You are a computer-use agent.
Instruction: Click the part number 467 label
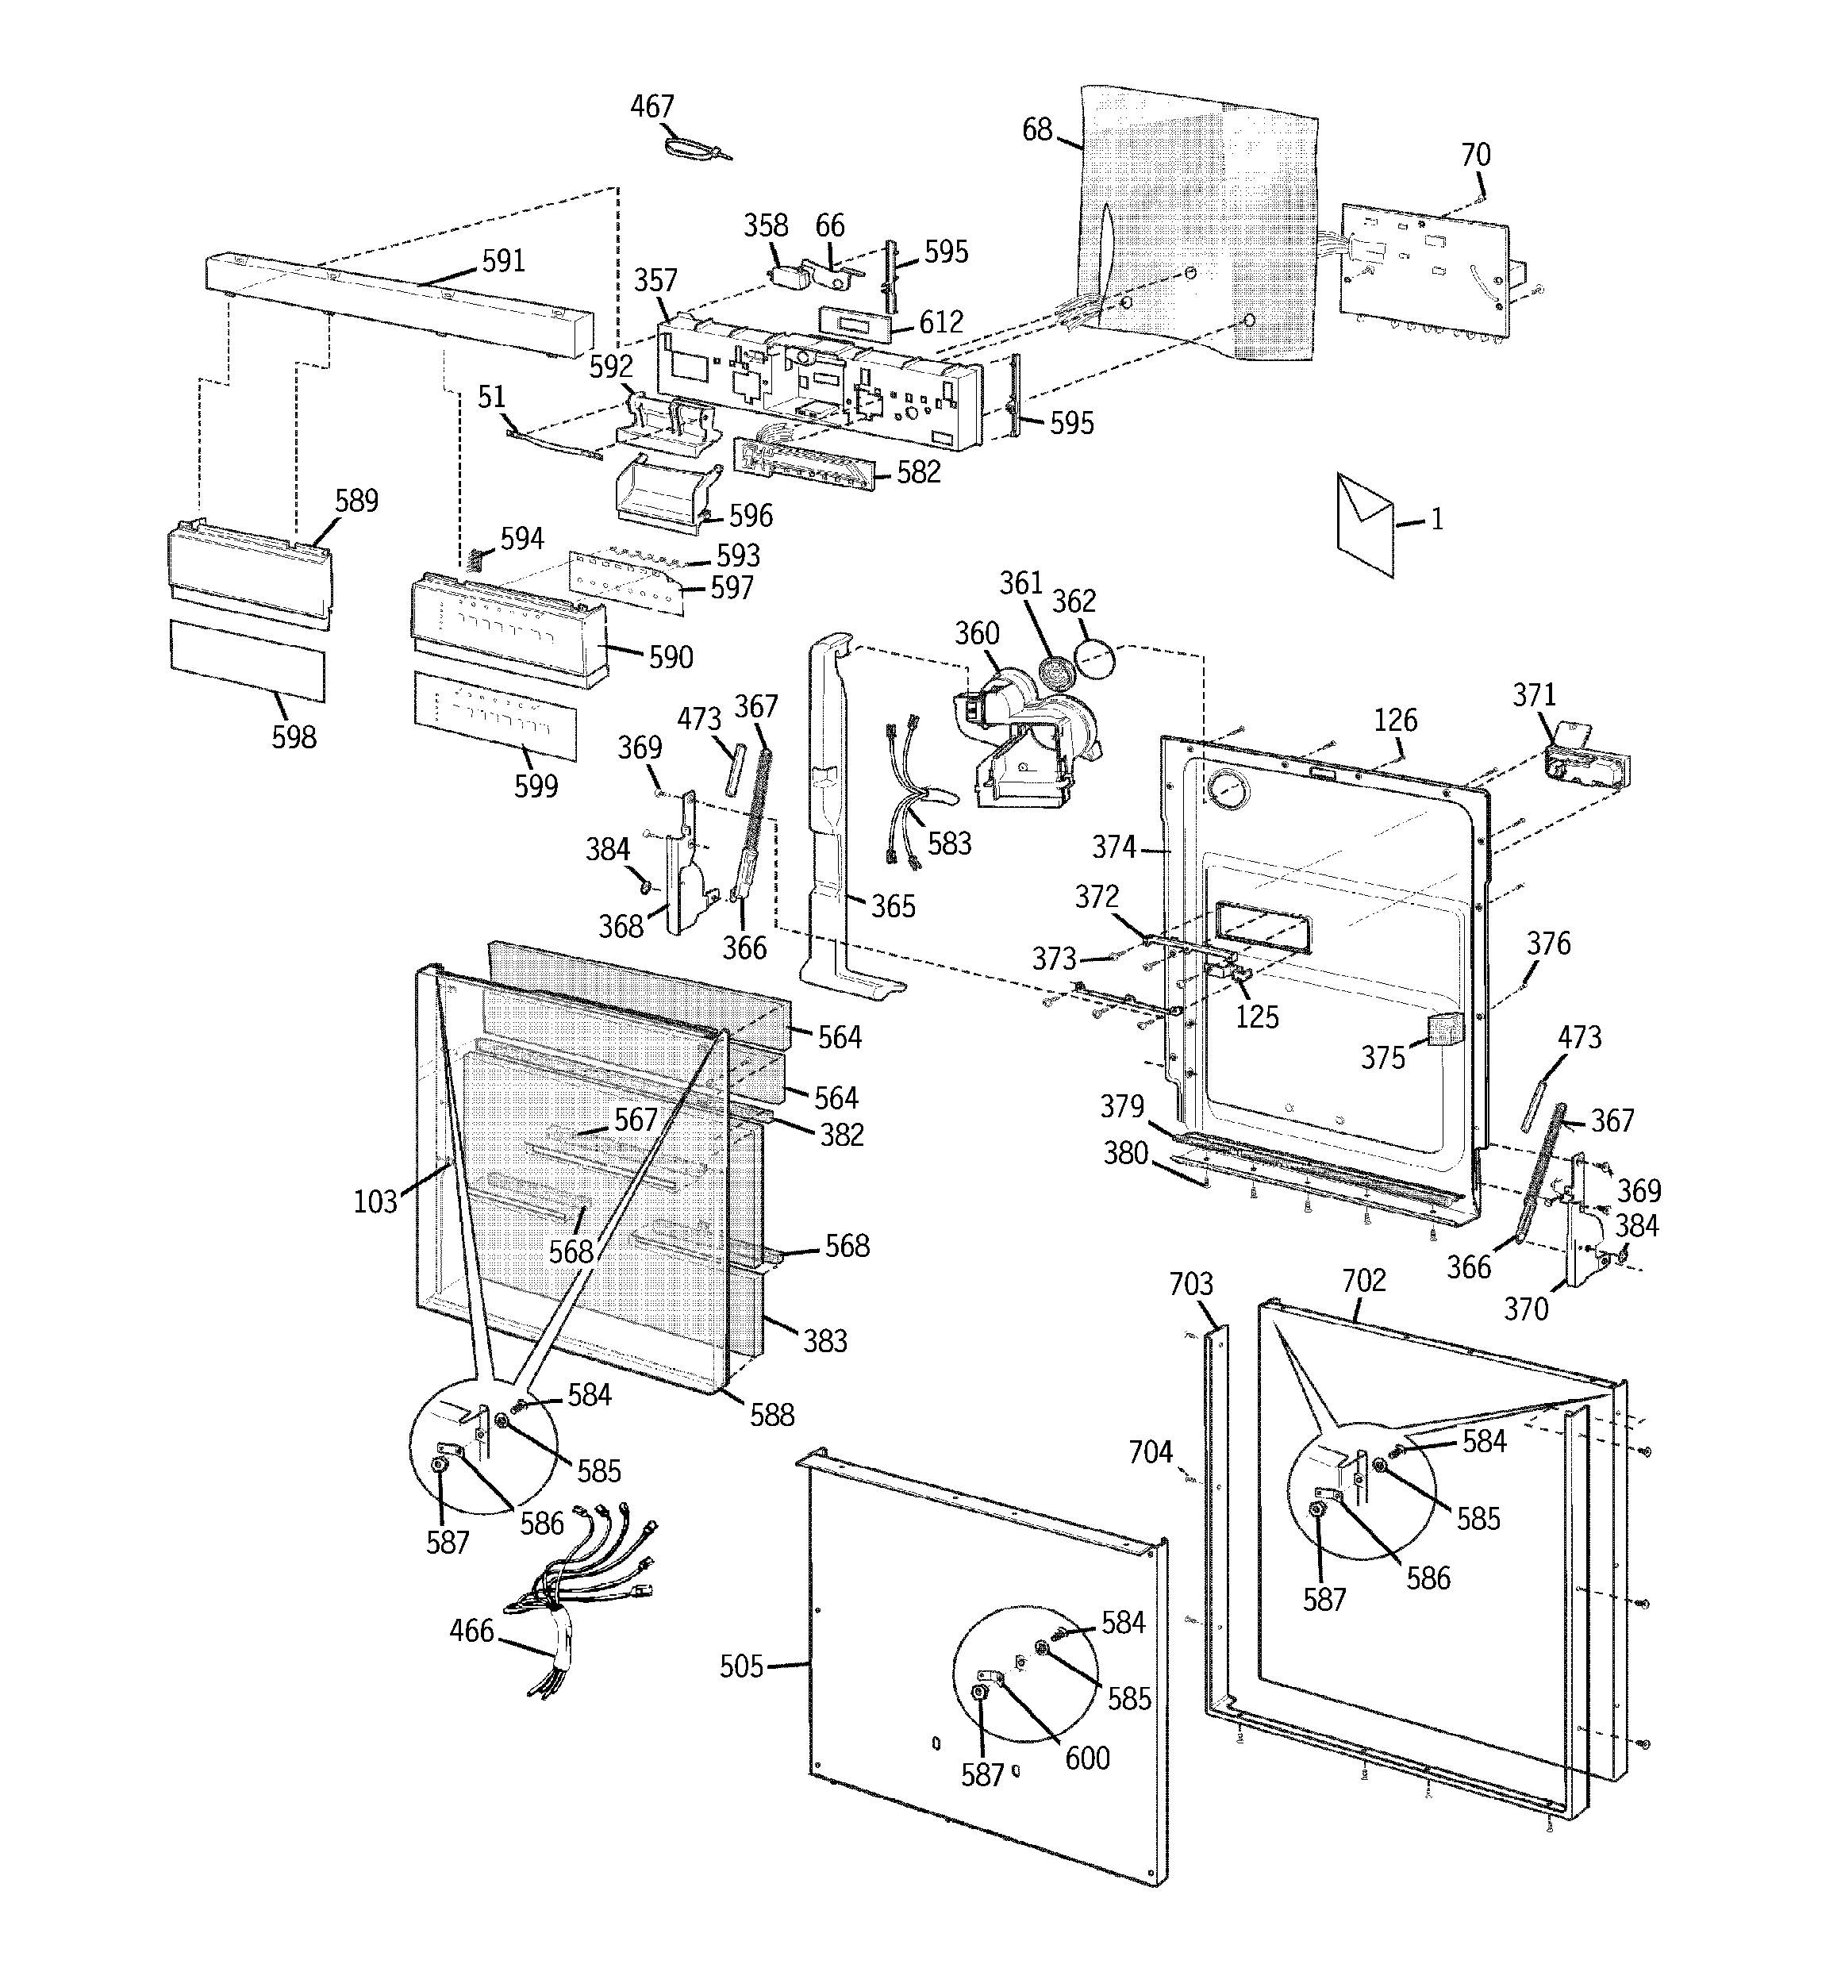(x=652, y=106)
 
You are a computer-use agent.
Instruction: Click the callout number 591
(x=503, y=261)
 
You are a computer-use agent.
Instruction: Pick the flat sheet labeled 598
(x=247, y=661)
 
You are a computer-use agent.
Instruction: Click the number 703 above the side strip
(x=1191, y=1283)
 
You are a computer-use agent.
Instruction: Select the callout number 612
(x=941, y=322)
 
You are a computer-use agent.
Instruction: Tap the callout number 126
(x=1395, y=721)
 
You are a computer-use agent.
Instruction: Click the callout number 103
(x=375, y=1201)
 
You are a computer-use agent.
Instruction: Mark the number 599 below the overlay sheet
(x=536, y=786)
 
